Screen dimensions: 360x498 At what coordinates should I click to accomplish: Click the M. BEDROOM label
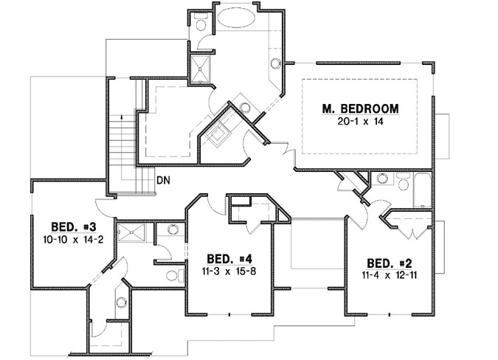pos(361,108)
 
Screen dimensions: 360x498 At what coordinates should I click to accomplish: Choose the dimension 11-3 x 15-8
pos(229,271)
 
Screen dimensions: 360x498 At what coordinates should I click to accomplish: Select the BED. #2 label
pos(388,263)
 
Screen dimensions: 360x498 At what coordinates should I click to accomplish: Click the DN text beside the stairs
pos(165,179)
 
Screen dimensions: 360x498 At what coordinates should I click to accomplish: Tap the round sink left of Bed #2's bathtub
pos(382,178)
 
